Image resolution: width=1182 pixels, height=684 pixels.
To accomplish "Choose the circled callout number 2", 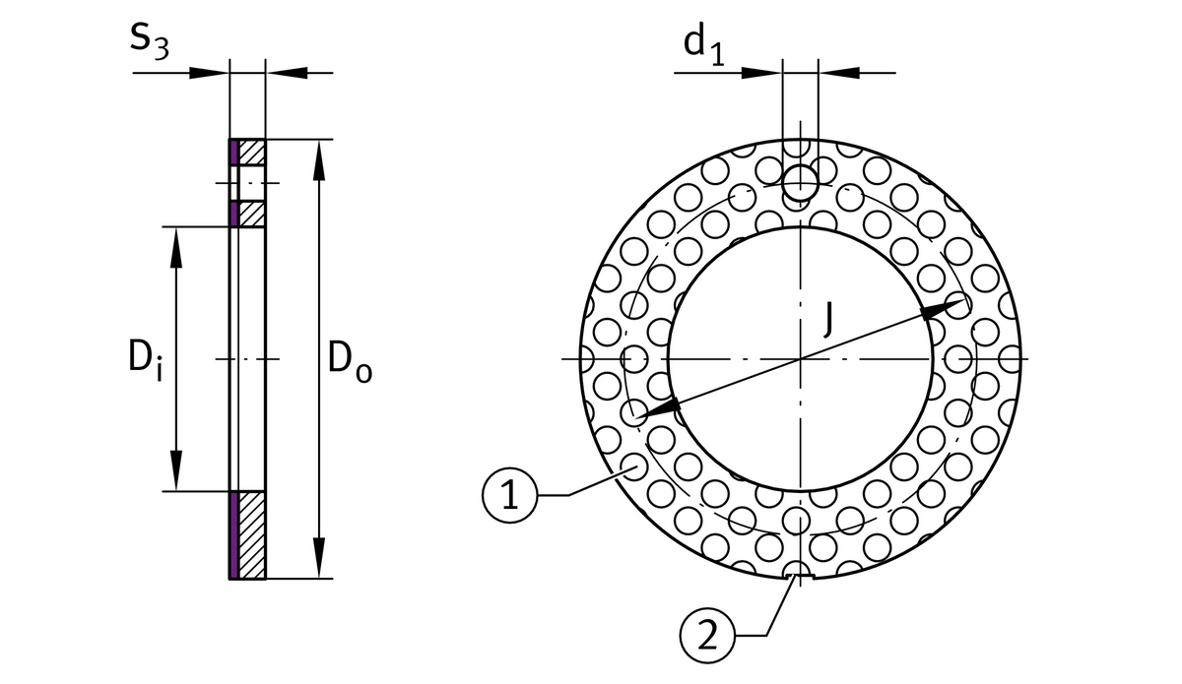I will pos(705,634).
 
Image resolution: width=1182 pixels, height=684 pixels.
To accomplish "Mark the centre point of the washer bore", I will pos(801,358).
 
